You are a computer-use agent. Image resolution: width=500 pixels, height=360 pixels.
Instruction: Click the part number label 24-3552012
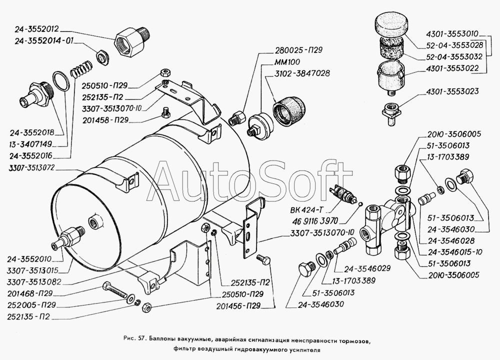pyautogui.click(x=36, y=29)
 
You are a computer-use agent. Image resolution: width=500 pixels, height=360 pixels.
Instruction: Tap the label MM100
pyautogui.click(x=287, y=62)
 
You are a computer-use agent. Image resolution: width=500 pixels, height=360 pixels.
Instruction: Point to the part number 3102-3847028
pyautogui.click(x=302, y=73)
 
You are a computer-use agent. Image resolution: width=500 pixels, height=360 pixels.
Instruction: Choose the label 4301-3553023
pyautogui.click(x=452, y=92)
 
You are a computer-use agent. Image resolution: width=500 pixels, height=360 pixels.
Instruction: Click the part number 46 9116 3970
pyautogui.click(x=314, y=220)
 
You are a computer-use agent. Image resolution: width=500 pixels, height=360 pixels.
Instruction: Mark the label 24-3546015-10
pyautogui.click(x=455, y=252)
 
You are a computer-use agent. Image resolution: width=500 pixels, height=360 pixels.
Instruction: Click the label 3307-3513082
pyautogui.click(x=34, y=282)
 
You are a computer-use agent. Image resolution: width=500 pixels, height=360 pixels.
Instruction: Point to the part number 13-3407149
pyautogui.click(x=30, y=144)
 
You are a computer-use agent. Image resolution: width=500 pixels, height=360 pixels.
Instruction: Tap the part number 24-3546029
pyautogui.click(x=367, y=268)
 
